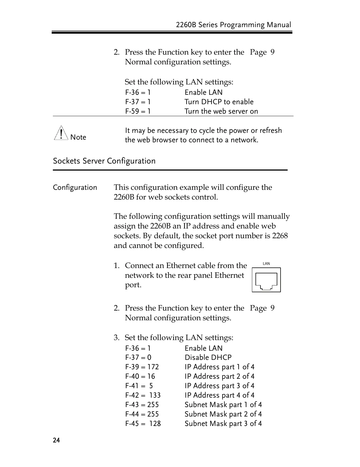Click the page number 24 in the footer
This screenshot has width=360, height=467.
(56, 440)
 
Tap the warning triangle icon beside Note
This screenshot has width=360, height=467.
(61, 133)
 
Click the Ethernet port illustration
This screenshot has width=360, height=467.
(266, 280)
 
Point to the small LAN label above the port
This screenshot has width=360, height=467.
(266, 264)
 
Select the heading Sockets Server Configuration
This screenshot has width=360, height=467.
(104, 161)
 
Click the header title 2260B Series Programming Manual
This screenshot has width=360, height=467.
(233, 25)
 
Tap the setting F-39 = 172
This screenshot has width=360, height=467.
(142, 367)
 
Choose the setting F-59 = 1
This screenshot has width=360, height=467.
(138, 111)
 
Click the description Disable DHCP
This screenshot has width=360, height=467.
(208, 357)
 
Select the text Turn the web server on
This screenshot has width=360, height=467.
(221, 111)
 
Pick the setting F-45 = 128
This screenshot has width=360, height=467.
(143, 424)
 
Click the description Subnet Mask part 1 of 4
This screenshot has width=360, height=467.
(223, 405)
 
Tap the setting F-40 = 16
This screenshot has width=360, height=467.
(140, 376)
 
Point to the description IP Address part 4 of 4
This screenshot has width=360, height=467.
(219, 395)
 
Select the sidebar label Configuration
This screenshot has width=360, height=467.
(75, 187)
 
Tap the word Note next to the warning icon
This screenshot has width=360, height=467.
(78, 137)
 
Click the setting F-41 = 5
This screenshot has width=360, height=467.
(139, 386)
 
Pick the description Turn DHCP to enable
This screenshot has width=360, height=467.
(219, 102)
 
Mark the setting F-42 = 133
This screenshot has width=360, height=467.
(143, 395)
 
